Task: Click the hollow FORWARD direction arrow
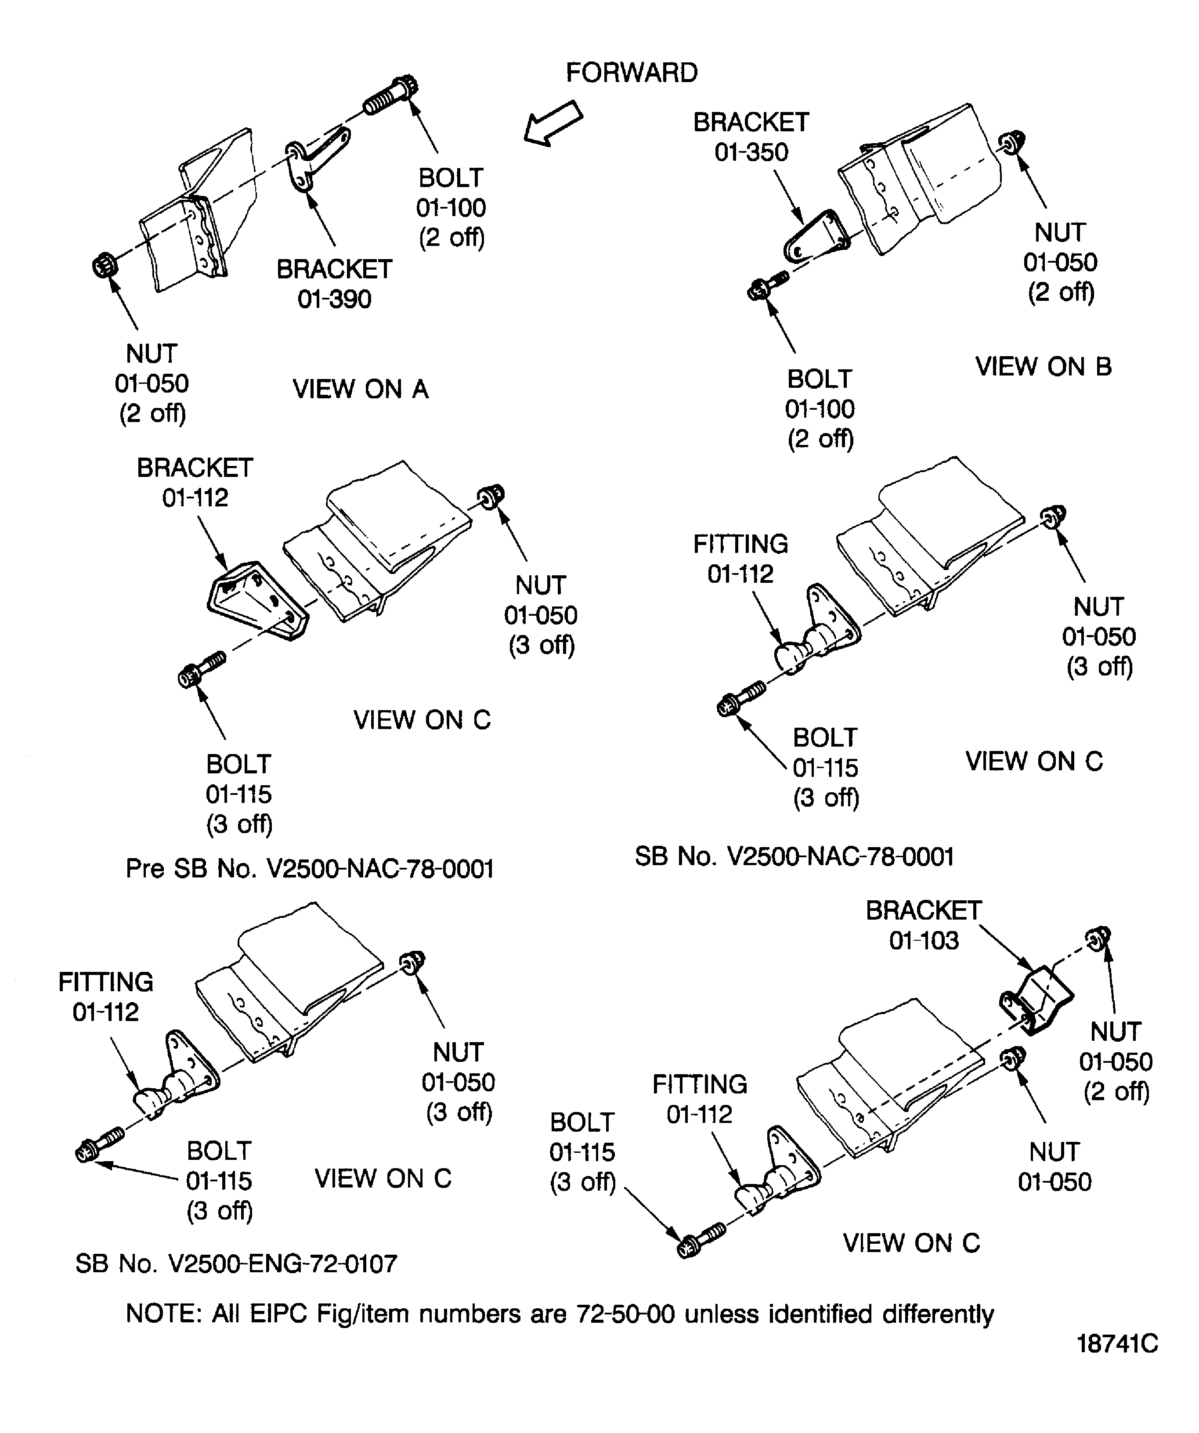(x=553, y=123)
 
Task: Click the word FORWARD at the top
(x=631, y=73)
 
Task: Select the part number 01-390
(x=334, y=299)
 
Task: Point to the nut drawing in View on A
(x=105, y=265)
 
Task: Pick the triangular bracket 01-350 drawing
(x=816, y=237)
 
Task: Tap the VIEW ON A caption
(x=360, y=389)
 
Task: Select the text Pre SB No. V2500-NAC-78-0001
(x=310, y=869)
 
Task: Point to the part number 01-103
(x=924, y=940)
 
